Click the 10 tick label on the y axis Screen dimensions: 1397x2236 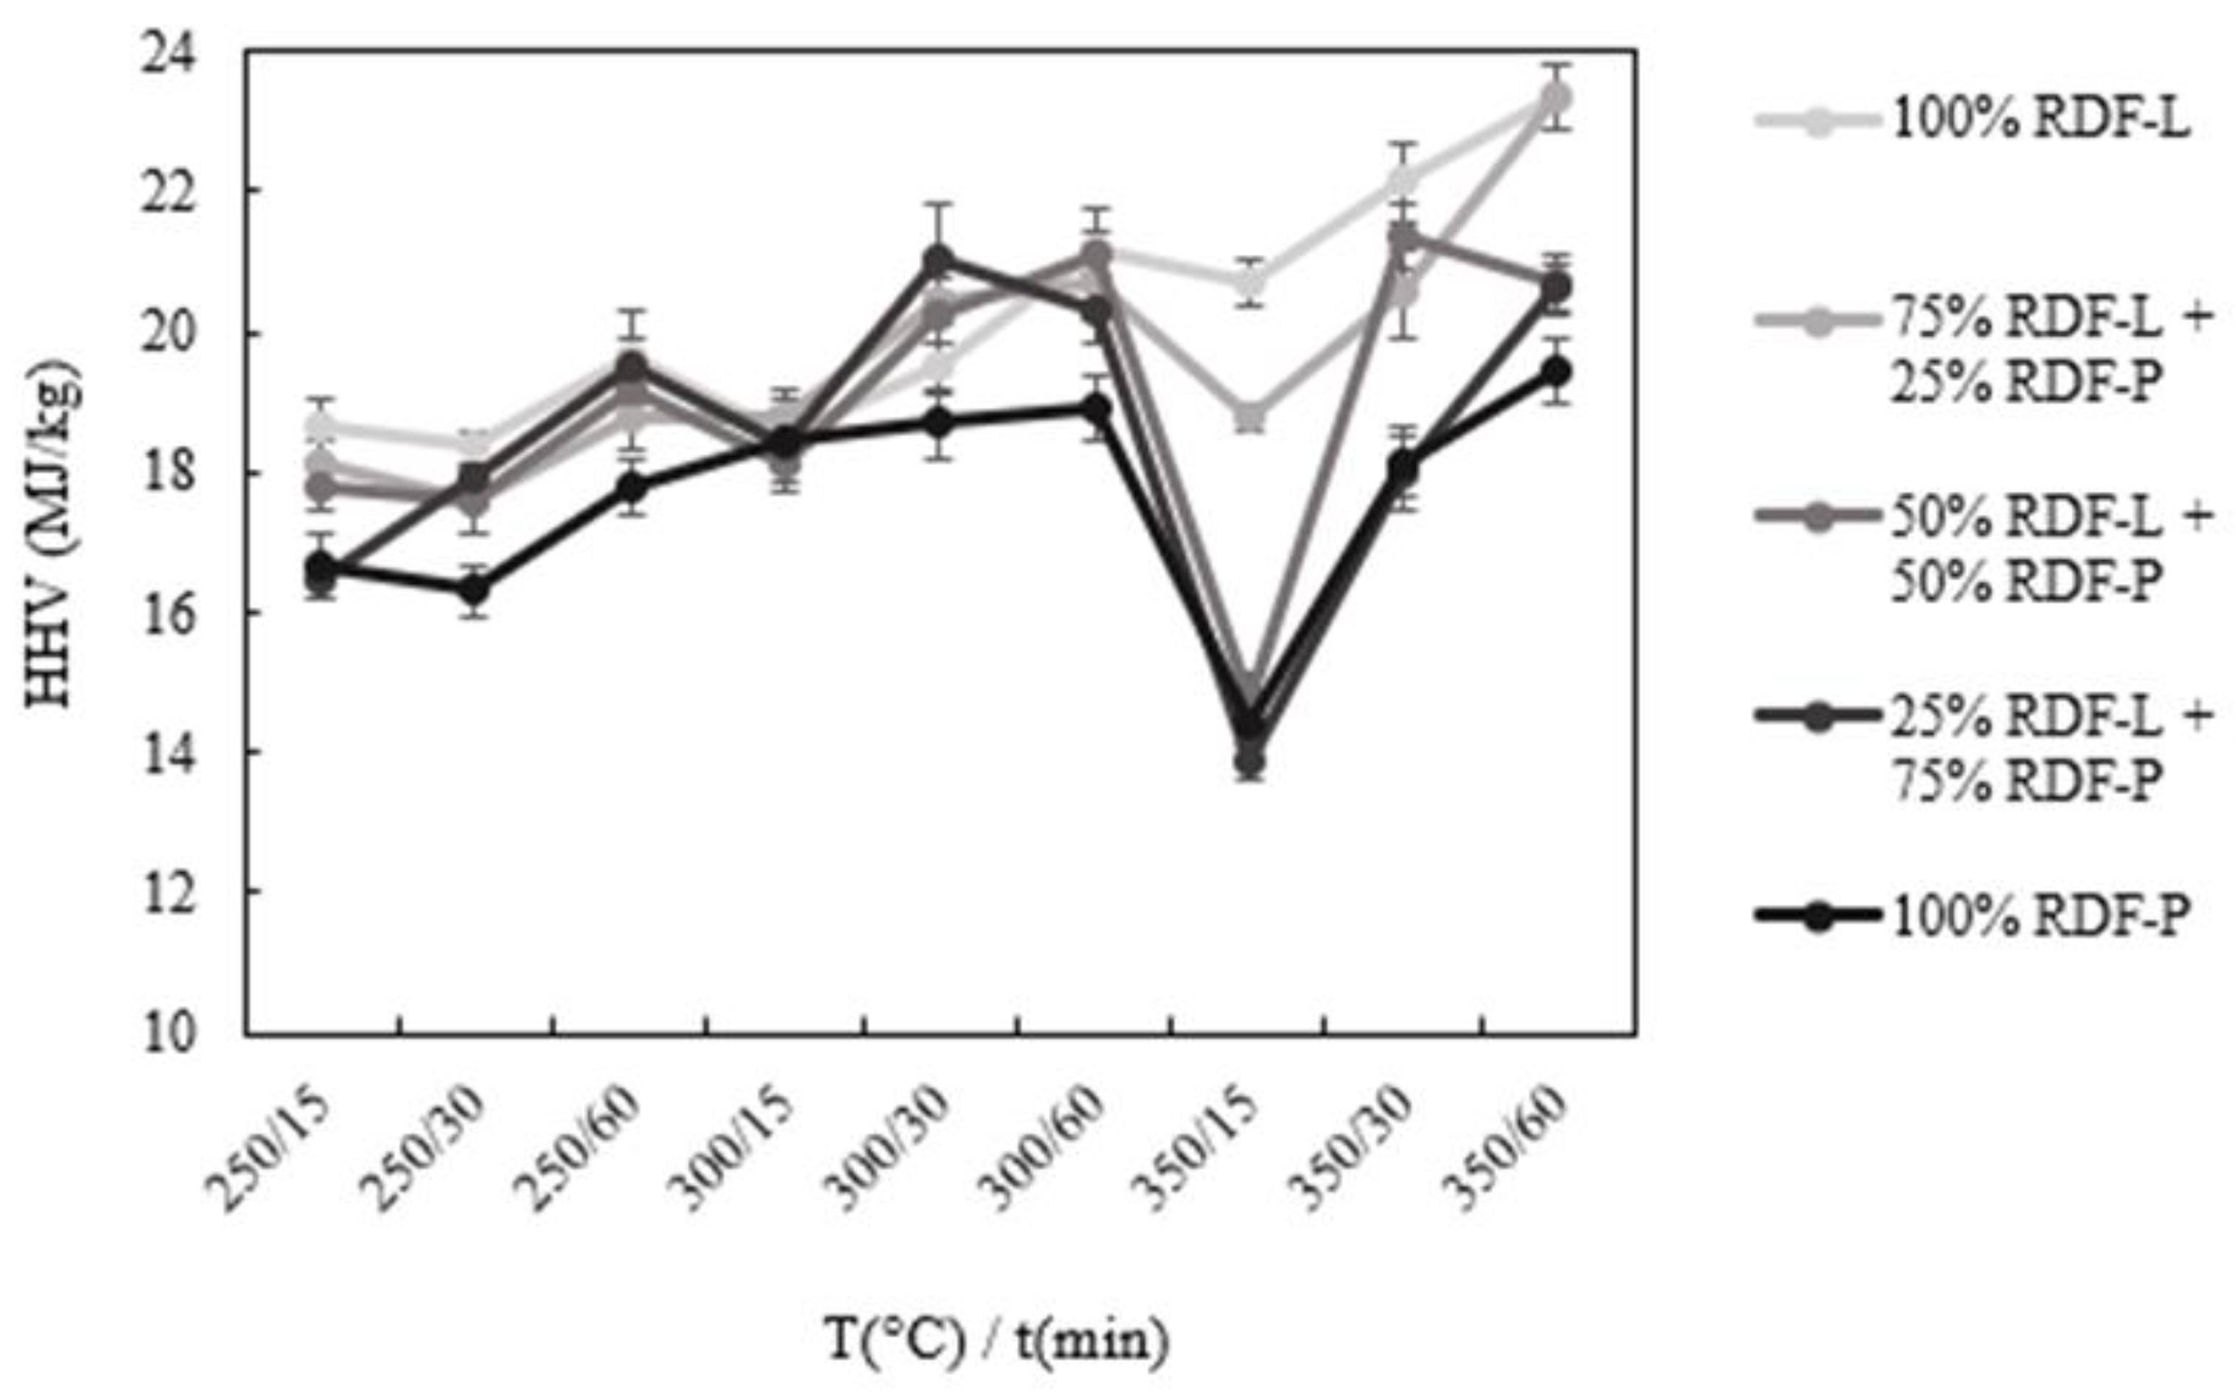click(x=168, y=1033)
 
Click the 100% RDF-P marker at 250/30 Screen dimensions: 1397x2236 click(x=475, y=588)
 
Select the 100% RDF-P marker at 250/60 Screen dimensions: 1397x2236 click(x=632, y=487)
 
